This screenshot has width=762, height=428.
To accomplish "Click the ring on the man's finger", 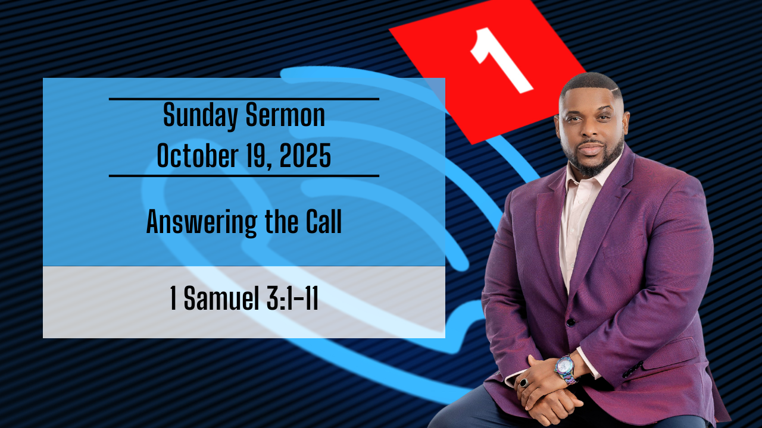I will click(x=524, y=383).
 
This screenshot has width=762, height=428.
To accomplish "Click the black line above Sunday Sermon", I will click(x=244, y=99).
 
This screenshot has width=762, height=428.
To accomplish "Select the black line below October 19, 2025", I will click(x=244, y=176).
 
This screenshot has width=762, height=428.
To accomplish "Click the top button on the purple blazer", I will click(x=570, y=322).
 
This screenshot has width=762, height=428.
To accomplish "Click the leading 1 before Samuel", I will click(x=173, y=299).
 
